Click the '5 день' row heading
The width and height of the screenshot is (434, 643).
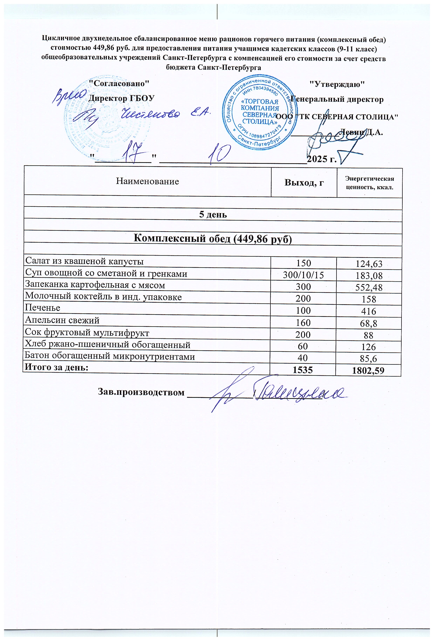(x=213, y=214)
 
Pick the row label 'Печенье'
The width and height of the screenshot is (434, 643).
(x=43, y=308)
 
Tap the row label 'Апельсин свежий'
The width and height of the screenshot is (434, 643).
(x=62, y=320)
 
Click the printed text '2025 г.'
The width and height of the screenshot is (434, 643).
(x=322, y=159)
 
